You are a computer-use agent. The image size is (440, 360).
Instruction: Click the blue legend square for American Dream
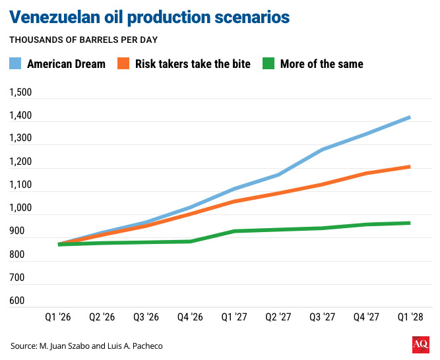(x=16, y=64)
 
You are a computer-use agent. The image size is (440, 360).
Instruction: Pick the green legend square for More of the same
(x=269, y=64)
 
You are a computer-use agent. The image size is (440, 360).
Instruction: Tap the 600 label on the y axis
(x=18, y=301)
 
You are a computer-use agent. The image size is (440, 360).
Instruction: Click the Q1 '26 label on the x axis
(x=59, y=318)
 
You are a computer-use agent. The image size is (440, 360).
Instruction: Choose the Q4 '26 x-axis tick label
(x=190, y=318)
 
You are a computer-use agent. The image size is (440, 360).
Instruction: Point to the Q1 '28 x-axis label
(x=410, y=318)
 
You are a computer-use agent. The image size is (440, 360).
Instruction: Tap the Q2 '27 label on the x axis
(x=278, y=318)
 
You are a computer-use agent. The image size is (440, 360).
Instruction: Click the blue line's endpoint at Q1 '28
(x=410, y=117)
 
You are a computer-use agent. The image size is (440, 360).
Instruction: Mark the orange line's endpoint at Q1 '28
(x=410, y=167)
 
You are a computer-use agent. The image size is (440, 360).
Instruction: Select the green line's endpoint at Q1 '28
(x=410, y=223)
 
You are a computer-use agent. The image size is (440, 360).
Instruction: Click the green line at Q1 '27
(x=234, y=231)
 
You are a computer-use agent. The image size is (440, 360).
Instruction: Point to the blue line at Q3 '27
(x=322, y=150)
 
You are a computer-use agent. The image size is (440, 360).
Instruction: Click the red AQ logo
(x=420, y=345)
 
